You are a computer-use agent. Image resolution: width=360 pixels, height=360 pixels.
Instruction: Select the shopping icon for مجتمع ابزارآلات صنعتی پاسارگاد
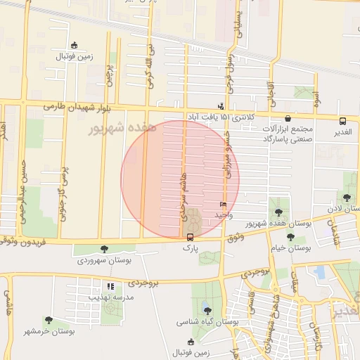click(x=289, y=117)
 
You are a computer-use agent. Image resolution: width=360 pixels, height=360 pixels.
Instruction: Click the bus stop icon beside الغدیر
click(x=342, y=120)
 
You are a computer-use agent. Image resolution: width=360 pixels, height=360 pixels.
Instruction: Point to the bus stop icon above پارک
click(x=190, y=237)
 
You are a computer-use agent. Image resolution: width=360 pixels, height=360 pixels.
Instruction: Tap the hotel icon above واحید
click(x=224, y=204)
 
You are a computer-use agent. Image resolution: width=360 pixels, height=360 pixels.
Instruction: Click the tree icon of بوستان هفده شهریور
click(x=279, y=212)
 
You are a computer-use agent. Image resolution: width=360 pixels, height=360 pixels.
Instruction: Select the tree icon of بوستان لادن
click(x=347, y=198)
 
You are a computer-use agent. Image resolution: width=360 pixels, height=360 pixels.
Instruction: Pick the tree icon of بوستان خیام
click(x=271, y=236)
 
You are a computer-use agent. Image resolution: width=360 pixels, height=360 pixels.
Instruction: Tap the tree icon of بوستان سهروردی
click(x=105, y=248)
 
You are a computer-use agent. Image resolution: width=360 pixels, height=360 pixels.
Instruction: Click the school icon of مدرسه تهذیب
click(x=110, y=286)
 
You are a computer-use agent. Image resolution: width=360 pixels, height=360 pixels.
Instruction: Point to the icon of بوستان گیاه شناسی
click(x=206, y=309)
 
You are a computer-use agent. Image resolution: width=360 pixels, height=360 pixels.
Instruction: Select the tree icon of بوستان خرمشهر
click(x=49, y=320)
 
